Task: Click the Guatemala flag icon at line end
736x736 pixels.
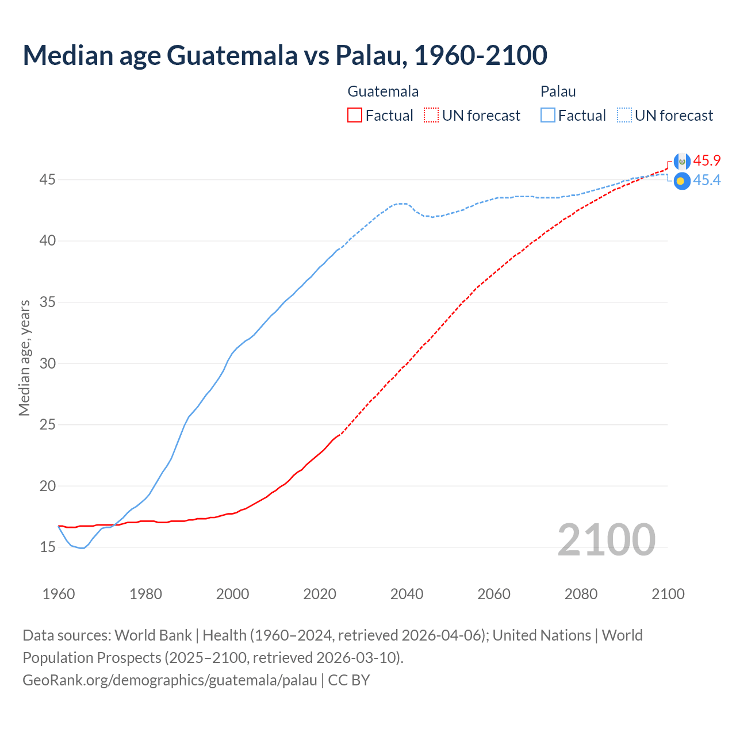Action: (682, 162)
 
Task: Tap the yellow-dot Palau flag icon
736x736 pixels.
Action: (681, 181)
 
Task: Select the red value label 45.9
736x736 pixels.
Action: (707, 160)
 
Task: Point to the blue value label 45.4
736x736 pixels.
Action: (707, 181)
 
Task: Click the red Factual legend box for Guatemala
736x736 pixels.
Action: (355, 116)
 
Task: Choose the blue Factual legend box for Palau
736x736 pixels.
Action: (548, 116)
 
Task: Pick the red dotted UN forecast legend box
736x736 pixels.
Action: (431, 116)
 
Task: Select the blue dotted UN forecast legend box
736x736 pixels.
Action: (624, 116)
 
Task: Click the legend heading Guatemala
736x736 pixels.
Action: (383, 91)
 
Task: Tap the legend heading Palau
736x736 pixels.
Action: (558, 91)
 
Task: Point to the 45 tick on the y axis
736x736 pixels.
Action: (47, 180)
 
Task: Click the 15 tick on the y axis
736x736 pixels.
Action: (47, 547)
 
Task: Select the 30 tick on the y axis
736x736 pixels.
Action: (47, 363)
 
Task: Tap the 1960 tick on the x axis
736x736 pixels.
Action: (59, 594)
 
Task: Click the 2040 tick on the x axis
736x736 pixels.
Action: (407, 594)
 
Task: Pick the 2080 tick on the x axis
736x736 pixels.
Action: (581, 594)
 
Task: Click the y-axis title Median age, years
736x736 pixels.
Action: (24, 358)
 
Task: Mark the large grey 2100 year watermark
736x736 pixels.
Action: (606, 540)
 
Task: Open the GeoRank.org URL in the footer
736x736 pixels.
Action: (170, 680)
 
